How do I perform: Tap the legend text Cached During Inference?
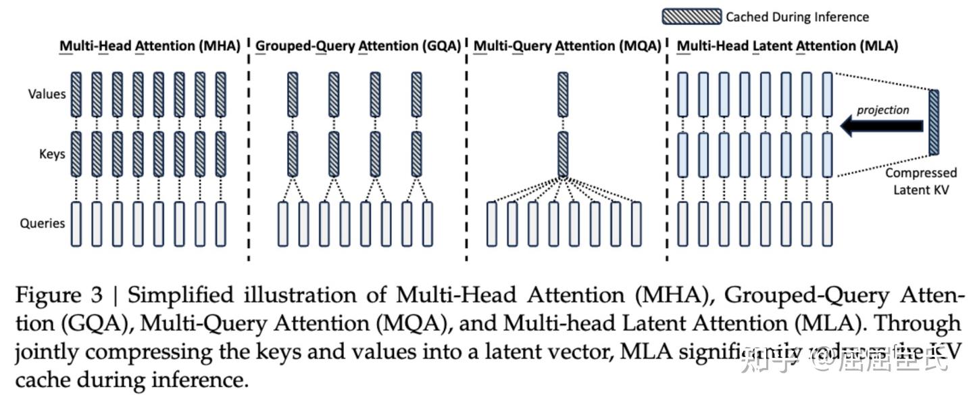point(797,17)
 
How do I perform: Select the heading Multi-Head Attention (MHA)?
point(149,46)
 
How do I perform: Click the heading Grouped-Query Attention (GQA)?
point(358,46)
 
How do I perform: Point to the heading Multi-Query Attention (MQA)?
point(567,46)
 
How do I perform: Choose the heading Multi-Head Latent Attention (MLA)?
point(787,46)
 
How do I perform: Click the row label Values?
point(47,93)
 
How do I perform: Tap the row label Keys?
point(52,154)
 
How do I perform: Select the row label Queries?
point(43,222)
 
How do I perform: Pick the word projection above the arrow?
point(883,110)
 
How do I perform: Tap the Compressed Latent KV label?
point(921,181)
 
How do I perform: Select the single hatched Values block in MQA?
point(563,93)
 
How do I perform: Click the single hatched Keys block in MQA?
point(563,154)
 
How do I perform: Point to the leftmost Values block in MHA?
point(76,93)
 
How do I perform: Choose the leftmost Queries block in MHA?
point(76,222)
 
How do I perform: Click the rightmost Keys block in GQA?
point(416,154)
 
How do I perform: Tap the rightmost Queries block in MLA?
point(828,222)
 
